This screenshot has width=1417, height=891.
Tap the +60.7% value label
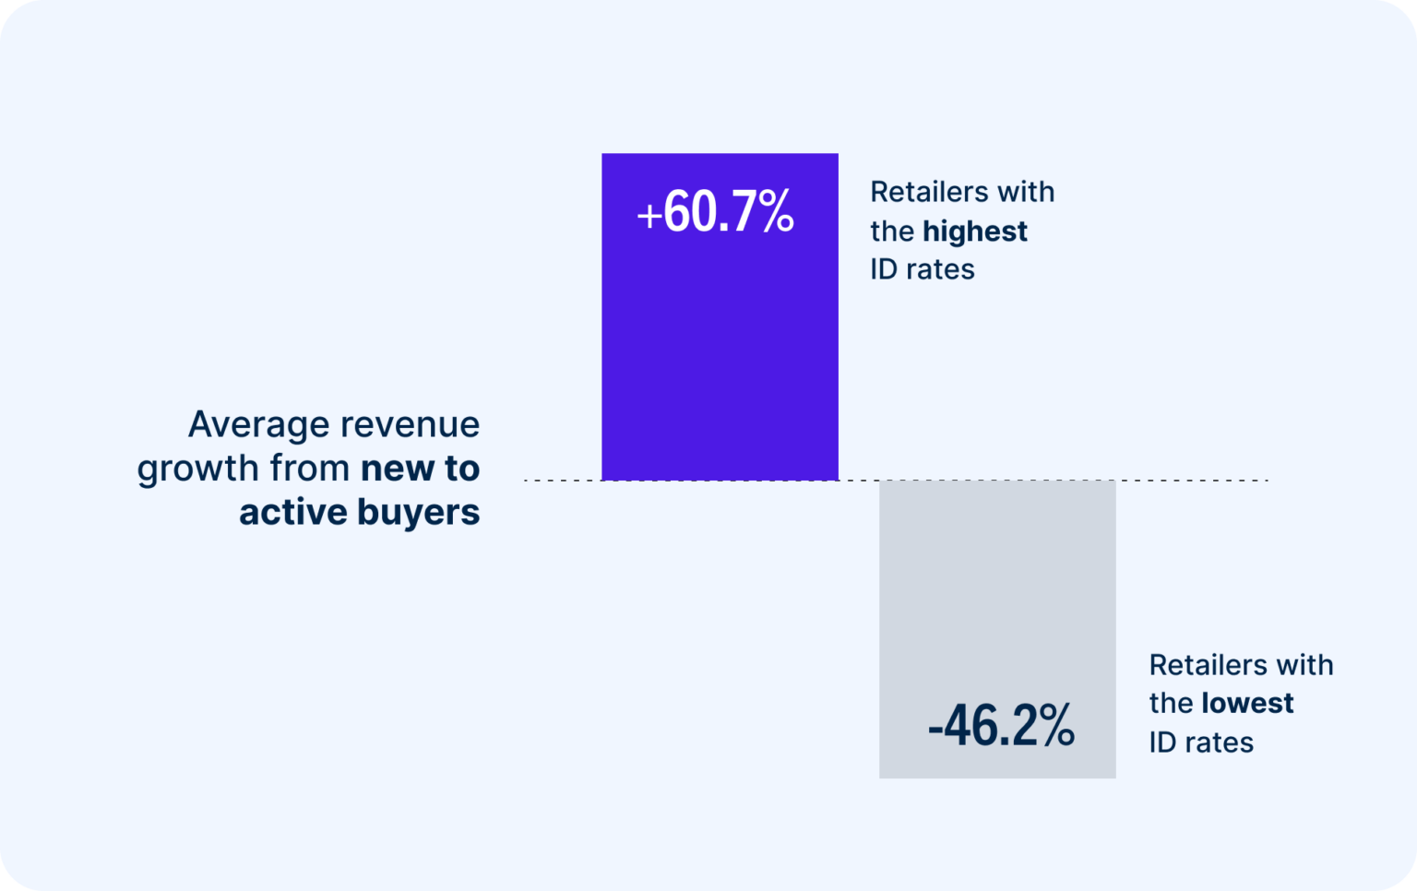(x=716, y=212)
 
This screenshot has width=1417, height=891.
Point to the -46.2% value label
(x=1001, y=726)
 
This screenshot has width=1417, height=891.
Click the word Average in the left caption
(x=257, y=424)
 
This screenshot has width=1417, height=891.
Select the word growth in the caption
(x=197, y=469)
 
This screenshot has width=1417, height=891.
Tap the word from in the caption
(x=309, y=469)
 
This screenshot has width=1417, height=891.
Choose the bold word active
(x=292, y=512)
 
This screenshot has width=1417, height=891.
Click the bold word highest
(x=974, y=231)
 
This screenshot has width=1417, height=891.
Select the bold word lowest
(x=1247, y=703)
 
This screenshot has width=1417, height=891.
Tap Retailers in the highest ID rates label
(x=927, y=192)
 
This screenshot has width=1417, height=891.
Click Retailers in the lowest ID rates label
(x=1206, y=665)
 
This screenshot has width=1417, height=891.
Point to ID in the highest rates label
(x=884, y=269)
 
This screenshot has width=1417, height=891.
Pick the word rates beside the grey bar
(x=1218, y=742)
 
